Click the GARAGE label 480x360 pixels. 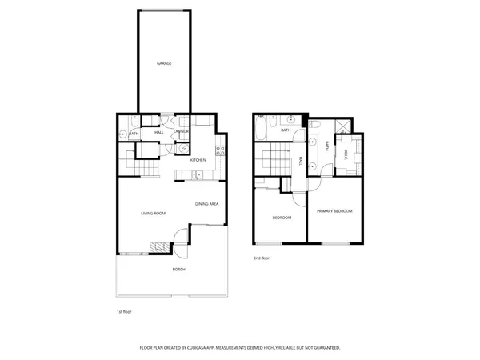coord(164,63)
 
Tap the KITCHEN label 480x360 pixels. coord(198,160)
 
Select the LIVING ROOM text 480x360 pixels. coord(153,213)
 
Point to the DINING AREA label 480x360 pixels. coord(207,204)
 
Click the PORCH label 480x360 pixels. coord(179,269)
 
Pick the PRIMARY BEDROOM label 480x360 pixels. coord(334,210)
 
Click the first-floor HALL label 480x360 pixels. coord(159,132)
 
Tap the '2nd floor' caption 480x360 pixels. coord(262,258)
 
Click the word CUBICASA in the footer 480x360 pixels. coord(206,348)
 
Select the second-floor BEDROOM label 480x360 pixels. coord(282,218)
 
